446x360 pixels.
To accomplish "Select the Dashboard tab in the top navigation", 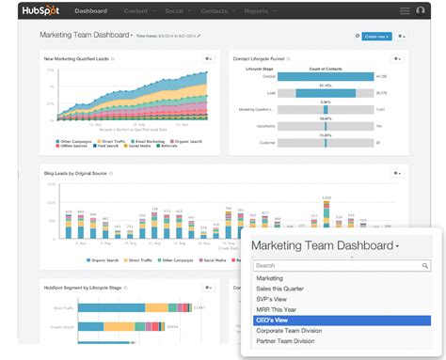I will [x=90, y=11].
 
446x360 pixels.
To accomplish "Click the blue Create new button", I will [x=375, y=36].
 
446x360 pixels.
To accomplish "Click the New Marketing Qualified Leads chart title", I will [x=75, y=58].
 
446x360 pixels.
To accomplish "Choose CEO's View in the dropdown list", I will [x=273, y=319].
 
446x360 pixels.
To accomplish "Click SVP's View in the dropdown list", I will [x=274, y=299].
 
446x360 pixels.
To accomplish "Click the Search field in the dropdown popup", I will [x=339, y=266].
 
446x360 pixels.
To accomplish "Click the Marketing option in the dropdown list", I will [x=270, y=278].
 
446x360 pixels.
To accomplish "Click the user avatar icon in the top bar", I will [x=406, y=11].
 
